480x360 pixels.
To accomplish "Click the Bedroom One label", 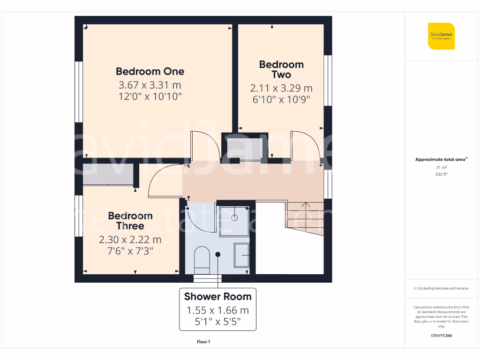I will click(150, 71).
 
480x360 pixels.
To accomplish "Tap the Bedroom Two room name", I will click(281, 69).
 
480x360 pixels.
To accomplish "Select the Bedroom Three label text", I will click(130, 221).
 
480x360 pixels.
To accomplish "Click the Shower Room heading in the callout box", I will click(217, 296).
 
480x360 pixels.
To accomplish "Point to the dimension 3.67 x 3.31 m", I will click(150, 85).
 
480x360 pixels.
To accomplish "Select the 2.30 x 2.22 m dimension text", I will click(130, 240).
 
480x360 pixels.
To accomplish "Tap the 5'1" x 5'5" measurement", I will click(217, 322).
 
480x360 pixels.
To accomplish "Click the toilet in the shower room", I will click(202, 259).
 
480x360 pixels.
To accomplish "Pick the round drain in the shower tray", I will click(234, 217).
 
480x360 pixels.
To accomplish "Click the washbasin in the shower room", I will click(242, 255).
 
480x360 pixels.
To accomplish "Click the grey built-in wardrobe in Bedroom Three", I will click(108, 174).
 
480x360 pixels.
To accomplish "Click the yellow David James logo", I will click(441, 36).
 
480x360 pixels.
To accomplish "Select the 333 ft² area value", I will click(441, 174).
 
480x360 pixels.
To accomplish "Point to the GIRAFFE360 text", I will click(441, 336).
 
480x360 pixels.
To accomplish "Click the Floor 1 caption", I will click(203, 342).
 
